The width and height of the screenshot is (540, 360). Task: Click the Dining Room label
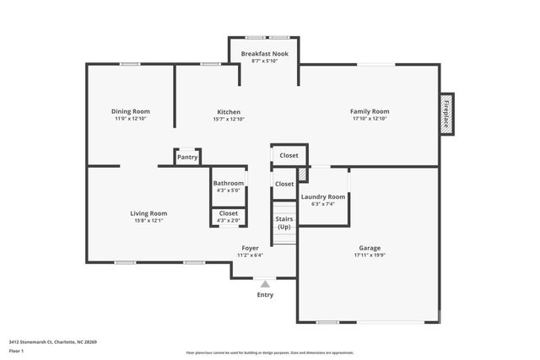tap(130, 111)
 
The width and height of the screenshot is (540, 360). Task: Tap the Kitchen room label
tap(229, 111)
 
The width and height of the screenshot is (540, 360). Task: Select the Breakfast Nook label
tap(264, 54)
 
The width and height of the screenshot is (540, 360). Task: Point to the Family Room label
tap(370, 111)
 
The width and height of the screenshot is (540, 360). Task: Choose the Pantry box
tap(187, 157)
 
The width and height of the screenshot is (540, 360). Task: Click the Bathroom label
tap(228, 183)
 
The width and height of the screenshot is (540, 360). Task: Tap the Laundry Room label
tap(323, 196)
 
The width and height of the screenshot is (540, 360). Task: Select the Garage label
tap(370, 248)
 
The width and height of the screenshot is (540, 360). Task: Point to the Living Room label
tap(148, 213)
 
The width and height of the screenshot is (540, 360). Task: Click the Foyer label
tap(250, 248)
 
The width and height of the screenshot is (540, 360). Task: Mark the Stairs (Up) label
tap(283, 223)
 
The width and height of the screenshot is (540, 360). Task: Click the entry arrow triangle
tap(265, 284)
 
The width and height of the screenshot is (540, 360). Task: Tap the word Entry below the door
tap(265, 295)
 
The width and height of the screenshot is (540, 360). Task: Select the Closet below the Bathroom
tap(228, 213)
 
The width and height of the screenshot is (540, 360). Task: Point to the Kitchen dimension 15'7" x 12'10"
tap(229, 119)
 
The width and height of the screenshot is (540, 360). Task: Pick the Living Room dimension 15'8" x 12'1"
tap(148, 221)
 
